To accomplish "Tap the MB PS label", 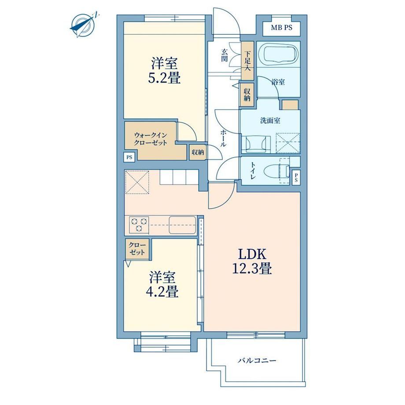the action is (x=282, y=28).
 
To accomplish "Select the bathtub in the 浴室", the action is (x=278, y=55).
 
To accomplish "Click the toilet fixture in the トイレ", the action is (x=276, y=170).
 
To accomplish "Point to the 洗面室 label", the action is (x=270, y=121).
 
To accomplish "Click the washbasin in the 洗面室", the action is (x=256, y=144).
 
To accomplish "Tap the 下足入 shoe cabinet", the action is (x=247, y=61).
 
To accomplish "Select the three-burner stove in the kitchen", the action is (x=139, y=225).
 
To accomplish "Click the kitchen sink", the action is (x=182, y=225).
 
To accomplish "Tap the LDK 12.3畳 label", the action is (x=252, y=261).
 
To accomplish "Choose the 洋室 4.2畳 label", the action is (x=162, y=284).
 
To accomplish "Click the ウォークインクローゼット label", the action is (x=150, y=139).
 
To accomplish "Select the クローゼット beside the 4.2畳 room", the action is (x=137, y=249).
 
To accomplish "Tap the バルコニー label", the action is (x=257, y=360).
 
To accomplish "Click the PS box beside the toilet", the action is (x=296, y=177).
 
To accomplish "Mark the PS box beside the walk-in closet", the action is (x=129, y=157).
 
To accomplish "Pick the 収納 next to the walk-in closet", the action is (x=198, y=152).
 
